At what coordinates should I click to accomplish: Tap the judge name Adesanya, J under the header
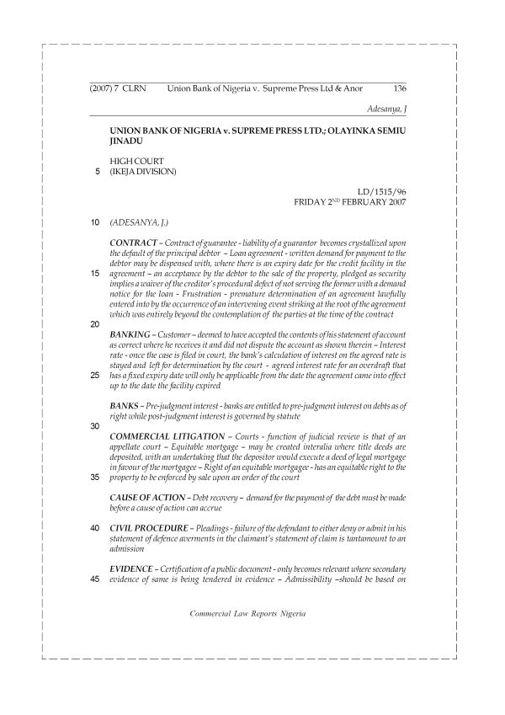pos(388,109)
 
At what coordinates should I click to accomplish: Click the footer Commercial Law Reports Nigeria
pos(249,613)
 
